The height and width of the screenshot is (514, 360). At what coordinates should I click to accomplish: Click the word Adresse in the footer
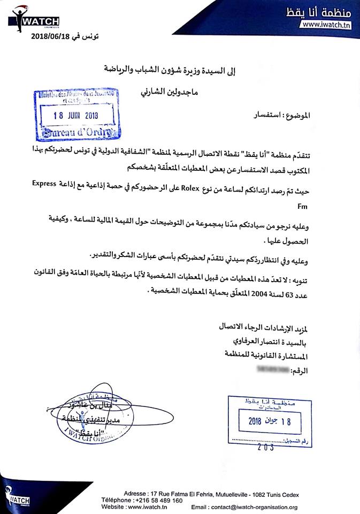(x=135, y=493)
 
